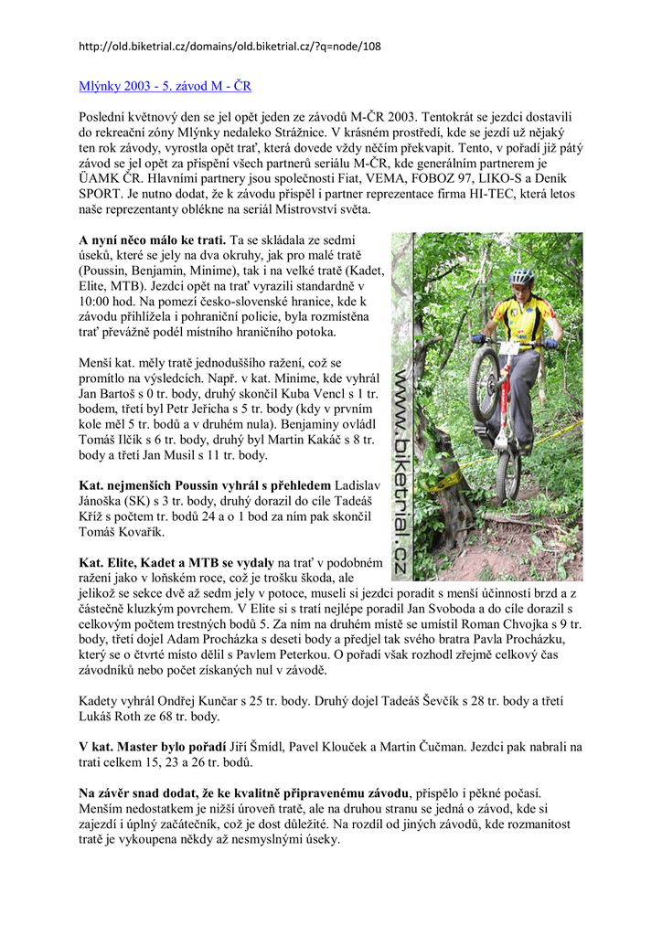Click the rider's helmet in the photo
(522, 276)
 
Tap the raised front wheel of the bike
(484, 384)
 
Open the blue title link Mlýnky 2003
(165, 87)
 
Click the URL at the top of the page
(230, 47)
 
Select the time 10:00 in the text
(98, 300)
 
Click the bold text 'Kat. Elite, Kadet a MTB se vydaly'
(176, 563)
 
